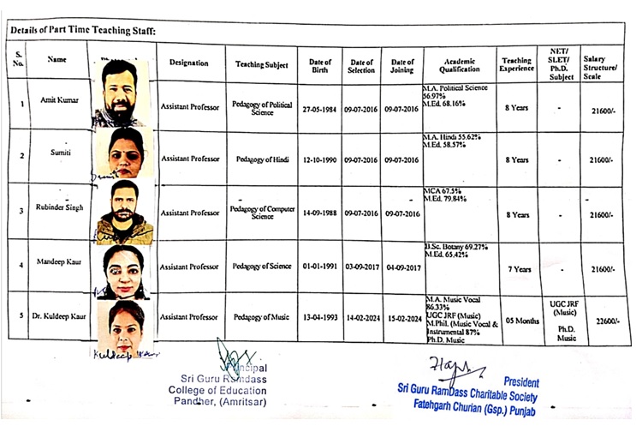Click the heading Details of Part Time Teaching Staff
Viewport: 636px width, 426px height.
pyautogui.click(x=83, y=31)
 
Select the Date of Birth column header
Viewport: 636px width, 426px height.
pyautogui.click(x=320, y=65)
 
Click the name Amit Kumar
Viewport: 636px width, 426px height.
pyautogui.click(x=59, y=100)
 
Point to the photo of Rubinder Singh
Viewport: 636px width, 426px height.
pyautogui.click(x=124, y=212)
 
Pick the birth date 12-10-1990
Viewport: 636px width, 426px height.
pyautogui.click(x=320, y=159)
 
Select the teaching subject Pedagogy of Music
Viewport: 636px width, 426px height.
pyautogui.click(x=262, y=317)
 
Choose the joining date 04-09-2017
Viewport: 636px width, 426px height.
pyautogui.click(x=401, y=267)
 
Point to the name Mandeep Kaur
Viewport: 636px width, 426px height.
pyautogui.click(x=58, y=264)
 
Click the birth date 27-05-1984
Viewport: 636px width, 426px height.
pyautogui.click(x=320, y=110)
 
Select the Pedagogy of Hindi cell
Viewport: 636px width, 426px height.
pyautogui.click(x=262, y=159)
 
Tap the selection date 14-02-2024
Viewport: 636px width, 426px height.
pyautogui.click(x=360, y=317)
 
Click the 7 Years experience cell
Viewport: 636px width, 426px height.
pyautogui.click(x=519, y=269)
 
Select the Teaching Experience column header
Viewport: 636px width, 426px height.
pyautogui.click(x=516, y=64)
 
